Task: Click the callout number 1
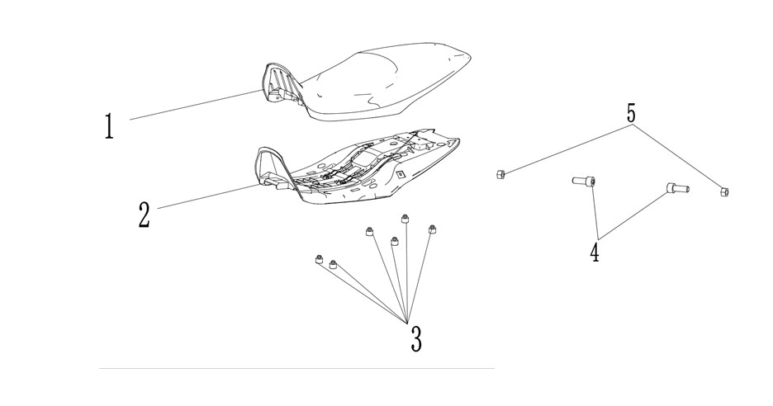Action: point(109,125)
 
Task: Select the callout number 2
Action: point(144,215)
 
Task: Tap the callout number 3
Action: point(416,339)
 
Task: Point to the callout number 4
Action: point(595,253)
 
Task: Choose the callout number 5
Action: point(631,115)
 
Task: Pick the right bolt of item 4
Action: point(678,187)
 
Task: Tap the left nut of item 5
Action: point(500,174)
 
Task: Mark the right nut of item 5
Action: point(724,191)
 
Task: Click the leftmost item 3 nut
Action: point(319,259)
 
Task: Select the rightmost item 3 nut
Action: point(433,229)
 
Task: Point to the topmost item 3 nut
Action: point(405,219)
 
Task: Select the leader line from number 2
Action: point(208,196)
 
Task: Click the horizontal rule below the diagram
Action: point(296,368)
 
